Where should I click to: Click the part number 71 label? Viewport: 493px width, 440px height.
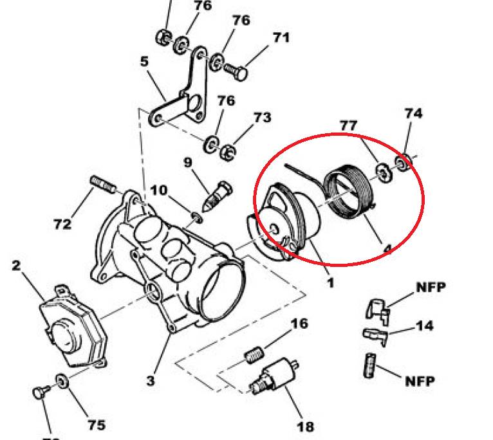point(281,37)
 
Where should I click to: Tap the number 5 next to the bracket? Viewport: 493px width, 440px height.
point(144,62)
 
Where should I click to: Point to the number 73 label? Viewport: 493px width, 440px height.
point(262,118)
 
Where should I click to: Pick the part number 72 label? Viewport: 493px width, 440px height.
point(62,225)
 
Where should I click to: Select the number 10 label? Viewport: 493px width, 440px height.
point(159,190)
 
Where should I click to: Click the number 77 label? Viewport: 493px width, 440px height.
point(348,125)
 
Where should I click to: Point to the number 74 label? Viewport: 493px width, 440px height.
point(413,113)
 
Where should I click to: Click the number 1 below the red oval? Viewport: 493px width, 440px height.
point(330,282)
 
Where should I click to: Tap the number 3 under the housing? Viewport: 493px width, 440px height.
point(150,380)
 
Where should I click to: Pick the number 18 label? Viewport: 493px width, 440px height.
point(306,426)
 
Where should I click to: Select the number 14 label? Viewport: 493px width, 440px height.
point(423,325)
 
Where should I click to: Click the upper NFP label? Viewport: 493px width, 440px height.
point(431,287)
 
